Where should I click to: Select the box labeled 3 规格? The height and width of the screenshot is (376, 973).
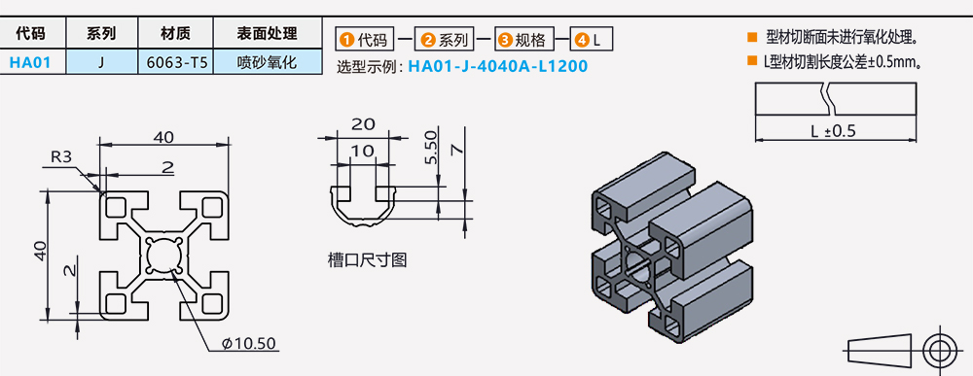(523, 41)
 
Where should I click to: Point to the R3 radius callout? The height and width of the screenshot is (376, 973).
(61, 156)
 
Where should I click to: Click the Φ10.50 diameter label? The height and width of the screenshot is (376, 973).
(250, 343)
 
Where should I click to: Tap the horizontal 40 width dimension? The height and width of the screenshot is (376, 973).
(162, 136)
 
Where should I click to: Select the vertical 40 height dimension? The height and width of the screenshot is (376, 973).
(39, 251)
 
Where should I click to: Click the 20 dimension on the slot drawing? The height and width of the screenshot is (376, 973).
(362, 124)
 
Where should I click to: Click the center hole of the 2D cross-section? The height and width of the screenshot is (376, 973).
(162, 255)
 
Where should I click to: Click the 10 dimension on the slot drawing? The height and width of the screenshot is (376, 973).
(362, 150)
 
